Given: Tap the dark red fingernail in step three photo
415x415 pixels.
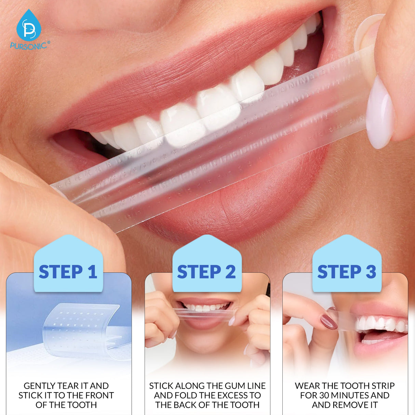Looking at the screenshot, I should tap(329, 322).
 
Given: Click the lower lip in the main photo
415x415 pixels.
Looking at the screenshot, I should tap(239, 202).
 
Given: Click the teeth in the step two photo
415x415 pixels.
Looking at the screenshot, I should tap(205, 307).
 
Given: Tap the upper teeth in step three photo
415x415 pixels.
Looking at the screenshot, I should tap(379, 323).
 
